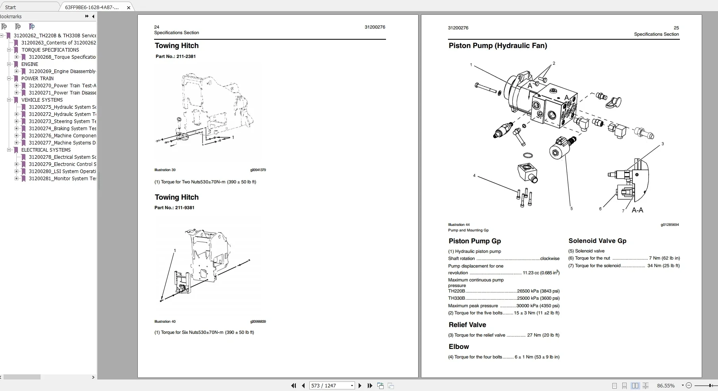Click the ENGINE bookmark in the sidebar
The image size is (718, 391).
30,64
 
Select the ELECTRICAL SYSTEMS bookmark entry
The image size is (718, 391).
46,150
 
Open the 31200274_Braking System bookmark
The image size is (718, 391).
62,129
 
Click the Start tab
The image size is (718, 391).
11,7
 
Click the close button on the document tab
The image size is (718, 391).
128,8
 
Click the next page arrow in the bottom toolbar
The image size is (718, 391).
360,385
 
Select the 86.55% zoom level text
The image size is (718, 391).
666,385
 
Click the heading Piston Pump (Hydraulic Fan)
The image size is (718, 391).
498,46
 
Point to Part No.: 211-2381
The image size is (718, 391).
176,56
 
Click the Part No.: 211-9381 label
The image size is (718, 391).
174,208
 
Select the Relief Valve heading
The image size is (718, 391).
467,325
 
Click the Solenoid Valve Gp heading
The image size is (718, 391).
597,241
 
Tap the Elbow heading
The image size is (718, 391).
459,347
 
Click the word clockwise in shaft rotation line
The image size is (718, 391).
550,258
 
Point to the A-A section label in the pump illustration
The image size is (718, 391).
637,210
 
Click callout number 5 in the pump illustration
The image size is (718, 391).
571,208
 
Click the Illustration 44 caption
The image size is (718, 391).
459,225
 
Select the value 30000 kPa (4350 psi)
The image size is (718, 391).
538,306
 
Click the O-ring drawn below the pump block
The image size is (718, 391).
528,155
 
